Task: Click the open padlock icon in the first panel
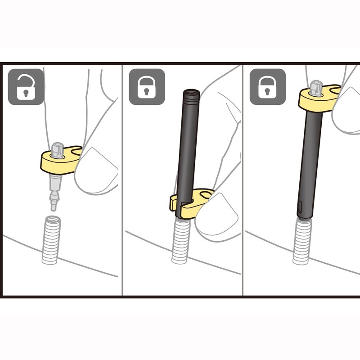(x=26, y=87)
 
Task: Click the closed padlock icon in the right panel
(x=267, y=87)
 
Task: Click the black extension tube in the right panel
(x=310, y=162)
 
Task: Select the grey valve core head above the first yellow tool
(x=57, y=149)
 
